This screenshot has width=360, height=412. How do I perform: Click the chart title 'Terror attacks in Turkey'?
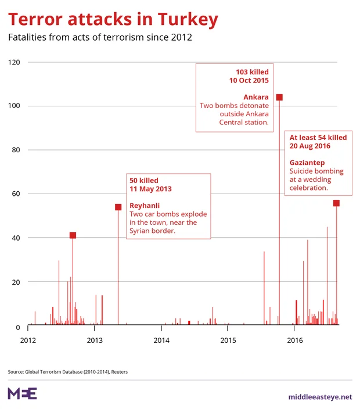pos(113,20)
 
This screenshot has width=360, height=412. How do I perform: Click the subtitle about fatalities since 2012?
pos(100,38)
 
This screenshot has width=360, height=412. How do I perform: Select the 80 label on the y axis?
pos(16,150)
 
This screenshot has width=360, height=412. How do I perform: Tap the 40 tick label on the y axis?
pos(16,238)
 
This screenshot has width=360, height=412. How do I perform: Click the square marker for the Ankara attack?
pos(279,97)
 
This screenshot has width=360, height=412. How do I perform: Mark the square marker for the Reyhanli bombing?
pos(118,207)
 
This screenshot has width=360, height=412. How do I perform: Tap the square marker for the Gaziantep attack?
pos(336,203)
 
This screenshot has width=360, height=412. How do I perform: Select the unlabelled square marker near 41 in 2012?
pos(73,235)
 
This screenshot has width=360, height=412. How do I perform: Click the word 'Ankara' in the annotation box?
pos(256,97)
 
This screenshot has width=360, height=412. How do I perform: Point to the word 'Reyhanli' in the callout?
pos(145,206)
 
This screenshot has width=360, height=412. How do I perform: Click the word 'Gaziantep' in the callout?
pos(308,163)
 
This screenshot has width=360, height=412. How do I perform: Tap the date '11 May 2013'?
pos(150,189)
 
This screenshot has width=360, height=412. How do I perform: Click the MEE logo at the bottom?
pos(22,393)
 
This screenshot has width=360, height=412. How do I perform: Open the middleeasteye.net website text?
pos(320,397)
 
